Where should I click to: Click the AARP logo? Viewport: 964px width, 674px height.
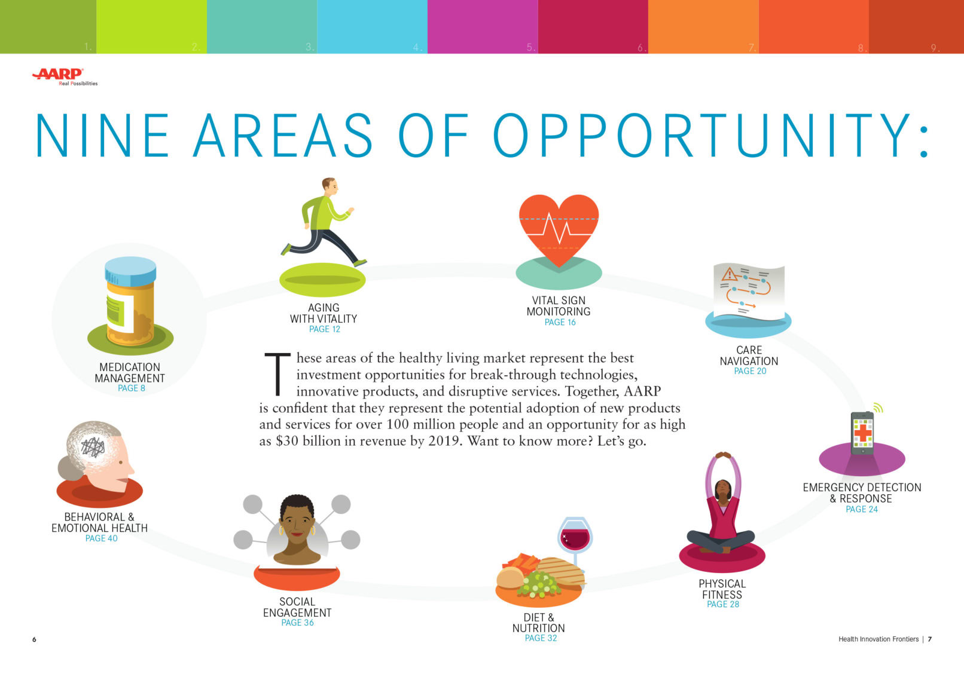[x=65, y=76]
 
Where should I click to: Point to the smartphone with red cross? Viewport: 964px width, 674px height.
[x=862, y=433]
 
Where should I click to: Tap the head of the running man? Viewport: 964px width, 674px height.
[x=330, y=186]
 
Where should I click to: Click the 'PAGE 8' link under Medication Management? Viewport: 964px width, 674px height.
[x=131, y=388]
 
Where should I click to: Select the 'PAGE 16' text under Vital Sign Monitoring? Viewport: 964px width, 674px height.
[x=560, y=322]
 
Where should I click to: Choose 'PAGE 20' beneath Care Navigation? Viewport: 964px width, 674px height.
[x=750, y=371]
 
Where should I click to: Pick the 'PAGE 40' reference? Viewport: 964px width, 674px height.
[x=101, y=538]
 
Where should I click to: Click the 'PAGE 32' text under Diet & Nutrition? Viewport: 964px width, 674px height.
[x=541, y=638]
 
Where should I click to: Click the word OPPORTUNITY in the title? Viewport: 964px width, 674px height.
[x=700, y=135]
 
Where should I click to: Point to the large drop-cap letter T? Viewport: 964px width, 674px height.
[x=277, y=374]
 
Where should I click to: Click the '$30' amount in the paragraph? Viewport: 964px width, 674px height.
[x=286, y=442]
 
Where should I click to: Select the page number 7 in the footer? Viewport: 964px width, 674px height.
[x=929, y=639]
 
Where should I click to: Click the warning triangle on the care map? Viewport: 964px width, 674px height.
[x=730, y=274]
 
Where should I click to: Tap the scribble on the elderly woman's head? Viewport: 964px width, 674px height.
[x=93, y=447]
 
